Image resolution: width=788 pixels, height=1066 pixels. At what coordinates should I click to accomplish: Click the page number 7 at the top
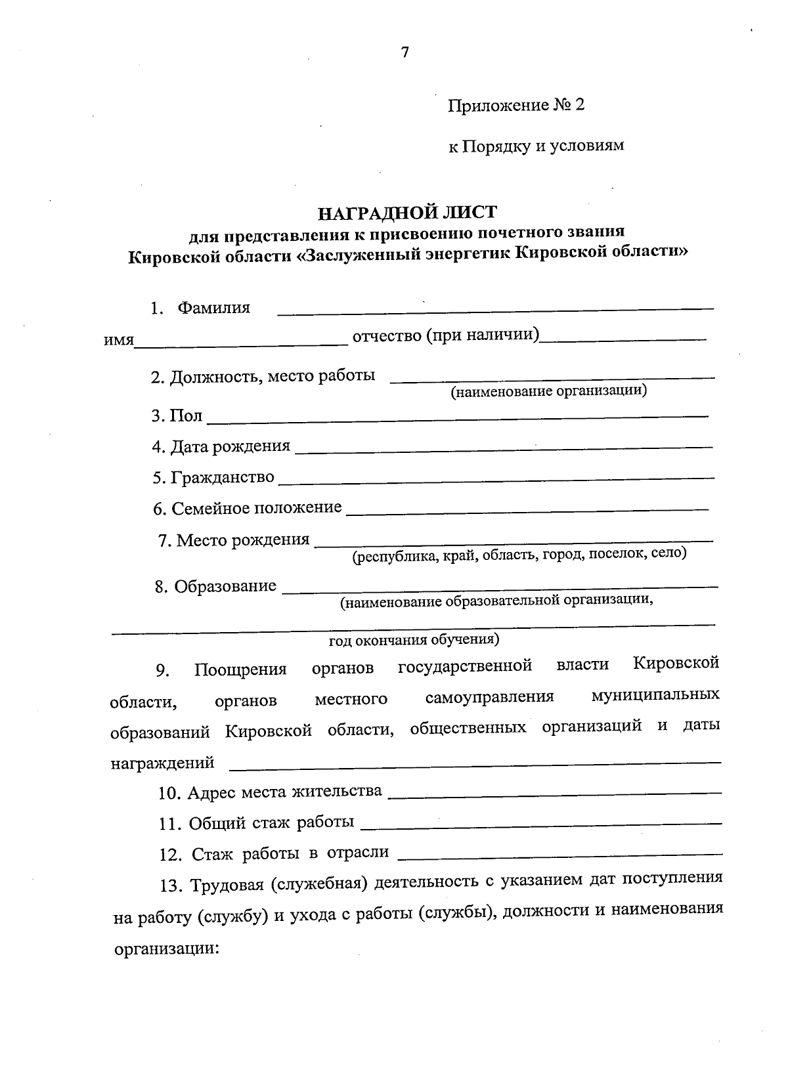(x=405, y=53)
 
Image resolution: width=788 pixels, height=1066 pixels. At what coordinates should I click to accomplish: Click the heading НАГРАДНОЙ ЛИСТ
(x=407, y=213)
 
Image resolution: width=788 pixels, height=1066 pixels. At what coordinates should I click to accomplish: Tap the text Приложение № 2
(x=515, y=106)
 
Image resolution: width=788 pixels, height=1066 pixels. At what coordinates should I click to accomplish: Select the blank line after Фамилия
(x=496, y=308)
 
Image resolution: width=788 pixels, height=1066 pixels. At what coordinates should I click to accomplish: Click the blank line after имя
(x=241, y=343)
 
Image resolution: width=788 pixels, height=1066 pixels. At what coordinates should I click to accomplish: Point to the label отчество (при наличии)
(x=446, y=336)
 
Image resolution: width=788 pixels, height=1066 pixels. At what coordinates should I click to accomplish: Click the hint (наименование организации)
(x=548, y=392)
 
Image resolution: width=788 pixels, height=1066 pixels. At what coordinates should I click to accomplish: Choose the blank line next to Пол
(x=458, y=417)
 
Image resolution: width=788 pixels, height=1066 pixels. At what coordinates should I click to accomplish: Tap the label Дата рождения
(x=230, y=446)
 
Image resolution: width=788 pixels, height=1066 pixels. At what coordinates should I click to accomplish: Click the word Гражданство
(x=222, y=478)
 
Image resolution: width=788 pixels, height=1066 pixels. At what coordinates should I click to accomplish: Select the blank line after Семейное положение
(x=527, y=510)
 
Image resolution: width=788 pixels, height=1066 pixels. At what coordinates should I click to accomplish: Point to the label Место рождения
(x=242, y=540)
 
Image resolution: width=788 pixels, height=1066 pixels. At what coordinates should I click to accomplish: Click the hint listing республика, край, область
(x=519, y=555)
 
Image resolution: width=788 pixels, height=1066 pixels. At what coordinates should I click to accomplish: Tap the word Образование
(x=225, y=586)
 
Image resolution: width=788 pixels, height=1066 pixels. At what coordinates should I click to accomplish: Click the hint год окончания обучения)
(x=414, y=639)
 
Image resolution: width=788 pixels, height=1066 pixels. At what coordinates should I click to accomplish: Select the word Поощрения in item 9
(x=240, y=670)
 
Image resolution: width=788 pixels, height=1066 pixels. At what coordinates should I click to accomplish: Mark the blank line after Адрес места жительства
(x=555, y=794)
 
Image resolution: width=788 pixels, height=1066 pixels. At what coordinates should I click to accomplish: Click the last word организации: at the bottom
(x=166, y=949)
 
